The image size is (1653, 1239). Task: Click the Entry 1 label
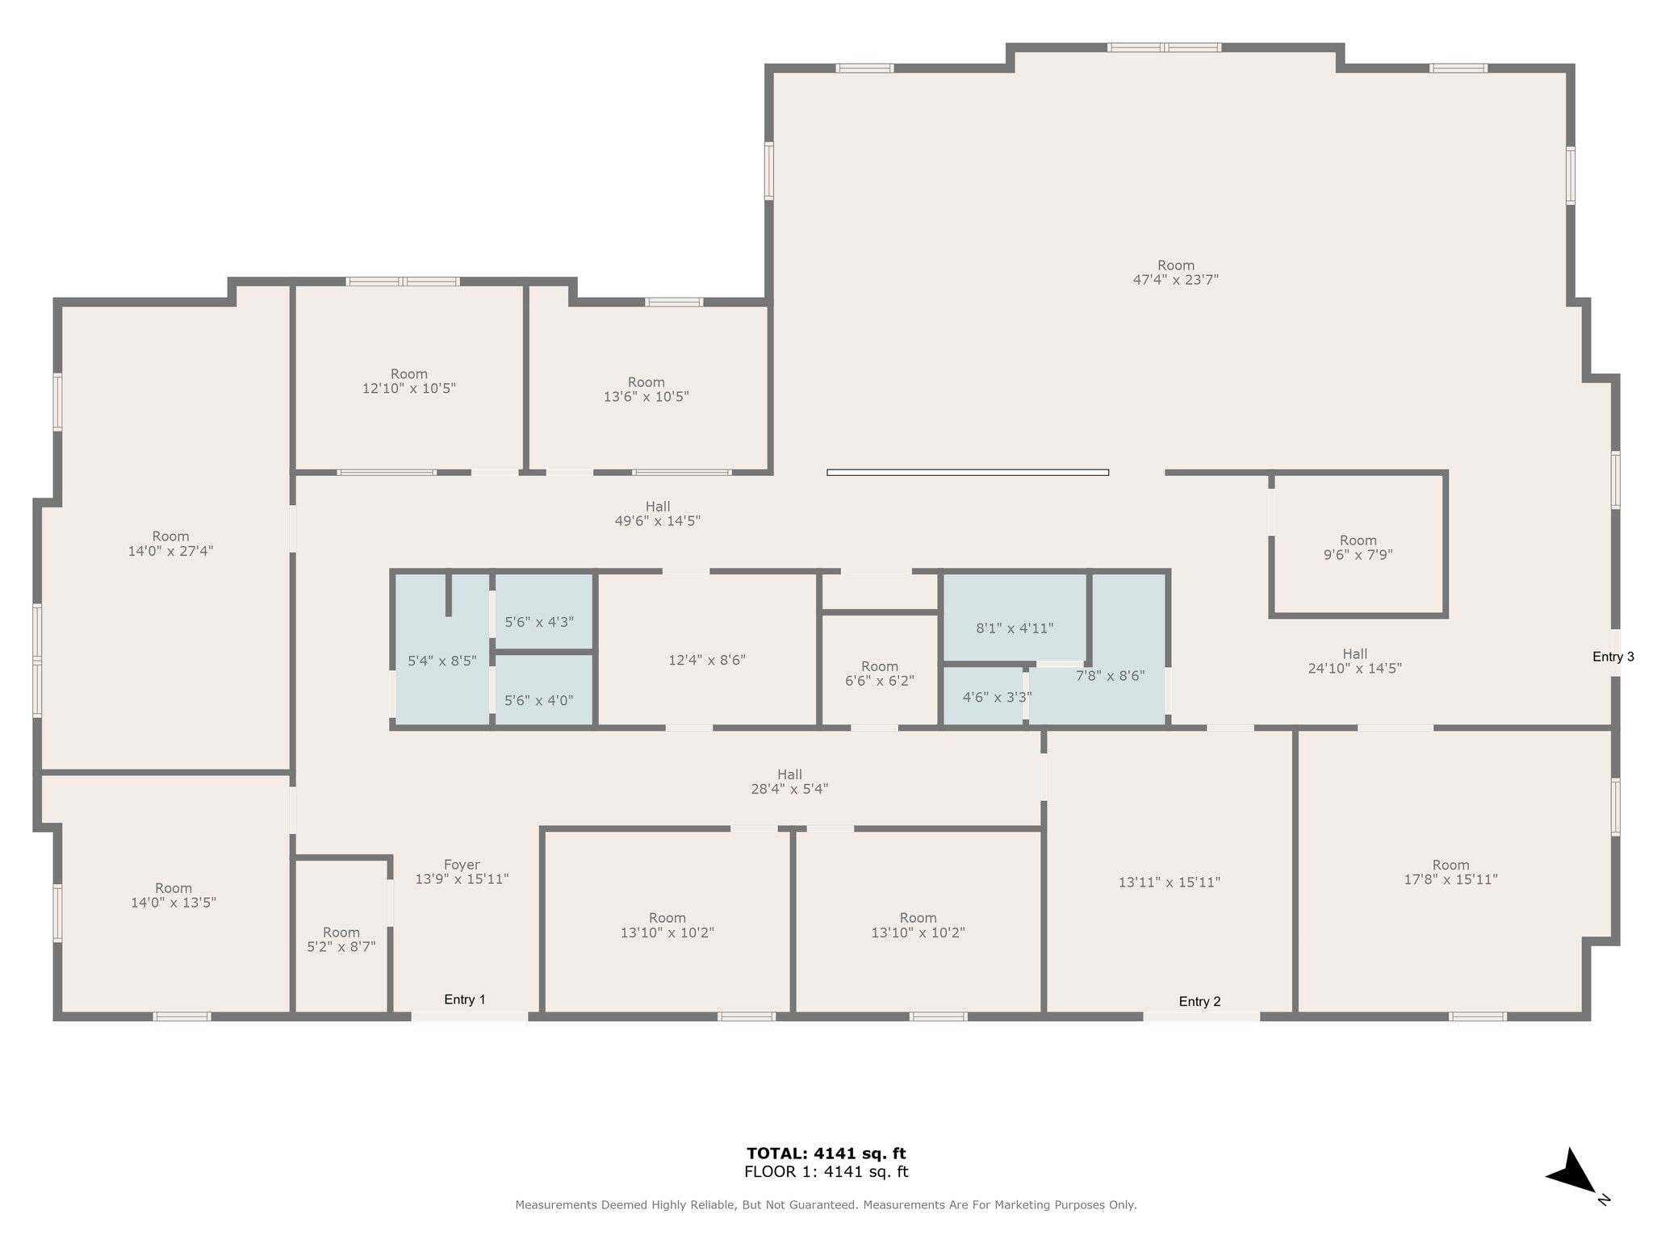465,999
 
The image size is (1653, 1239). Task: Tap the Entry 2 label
1199,1002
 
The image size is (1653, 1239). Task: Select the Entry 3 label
1613,657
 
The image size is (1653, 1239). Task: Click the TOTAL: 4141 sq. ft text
826,1153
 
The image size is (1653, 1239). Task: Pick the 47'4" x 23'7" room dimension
1175,280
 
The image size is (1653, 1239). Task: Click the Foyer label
462,865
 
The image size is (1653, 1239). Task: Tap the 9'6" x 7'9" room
1358,548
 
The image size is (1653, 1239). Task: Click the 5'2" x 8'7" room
341,940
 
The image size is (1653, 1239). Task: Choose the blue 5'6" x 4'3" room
539,622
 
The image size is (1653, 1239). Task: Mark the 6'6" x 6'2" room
879,674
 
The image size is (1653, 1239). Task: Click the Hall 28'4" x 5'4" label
789,782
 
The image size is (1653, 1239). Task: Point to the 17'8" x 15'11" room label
1450,872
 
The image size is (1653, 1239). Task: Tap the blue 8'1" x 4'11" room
1015,628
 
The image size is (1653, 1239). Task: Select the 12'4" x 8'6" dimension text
707,660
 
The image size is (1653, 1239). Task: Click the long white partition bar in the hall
967,473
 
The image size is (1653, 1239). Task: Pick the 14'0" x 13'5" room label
174,895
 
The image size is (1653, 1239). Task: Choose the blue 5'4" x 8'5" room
441,661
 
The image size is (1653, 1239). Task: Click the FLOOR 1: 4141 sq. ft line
826,1172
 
